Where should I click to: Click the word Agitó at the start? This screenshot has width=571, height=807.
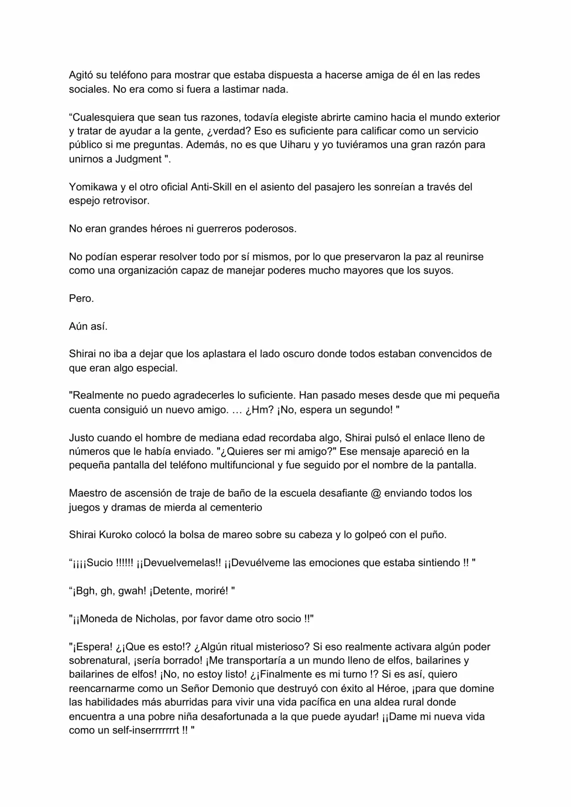point(81,75)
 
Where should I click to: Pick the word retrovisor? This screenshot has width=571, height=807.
point(126,201)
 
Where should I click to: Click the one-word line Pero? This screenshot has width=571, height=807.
point(81,298)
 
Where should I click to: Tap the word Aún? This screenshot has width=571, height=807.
point(78,326)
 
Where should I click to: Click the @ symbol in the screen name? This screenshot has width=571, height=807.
point(376,493)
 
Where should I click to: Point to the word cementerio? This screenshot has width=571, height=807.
point(236,507)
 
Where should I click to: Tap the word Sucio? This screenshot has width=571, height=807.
point(100,563)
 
